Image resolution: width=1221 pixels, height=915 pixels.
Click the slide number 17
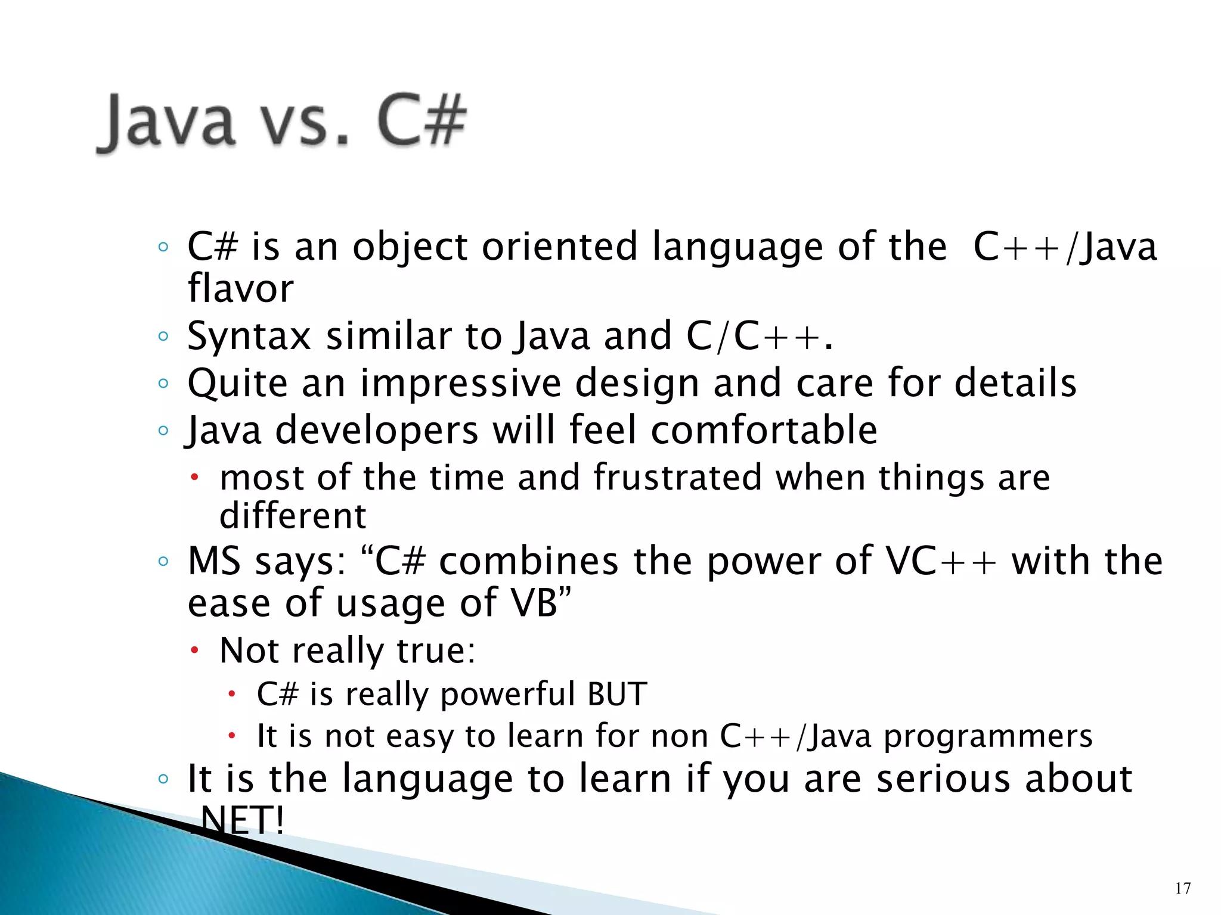(x=1183, y=888)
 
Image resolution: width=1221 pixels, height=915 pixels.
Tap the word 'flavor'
(x=240, y=289)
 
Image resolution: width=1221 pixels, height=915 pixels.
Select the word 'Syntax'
(x=249, y=337)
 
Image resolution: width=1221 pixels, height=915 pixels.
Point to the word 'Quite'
(x=237, y=384)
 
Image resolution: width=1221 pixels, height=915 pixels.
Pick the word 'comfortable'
(x=764, y=430)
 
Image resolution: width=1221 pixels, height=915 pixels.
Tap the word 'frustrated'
(x=677, y=478)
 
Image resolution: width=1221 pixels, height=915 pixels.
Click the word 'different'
(x=292, y=516)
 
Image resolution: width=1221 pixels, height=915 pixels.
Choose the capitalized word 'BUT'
(x=617, y=695)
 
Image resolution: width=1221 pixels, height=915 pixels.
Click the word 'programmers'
(x=988, y=736)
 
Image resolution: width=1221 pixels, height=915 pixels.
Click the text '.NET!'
(x=238, y=821)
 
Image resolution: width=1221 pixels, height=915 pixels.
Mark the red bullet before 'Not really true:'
(x=194, y=651)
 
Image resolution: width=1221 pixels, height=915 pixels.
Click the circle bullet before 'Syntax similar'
(x=163, y=337)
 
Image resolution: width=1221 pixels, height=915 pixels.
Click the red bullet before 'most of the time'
(x=194, y=478)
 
